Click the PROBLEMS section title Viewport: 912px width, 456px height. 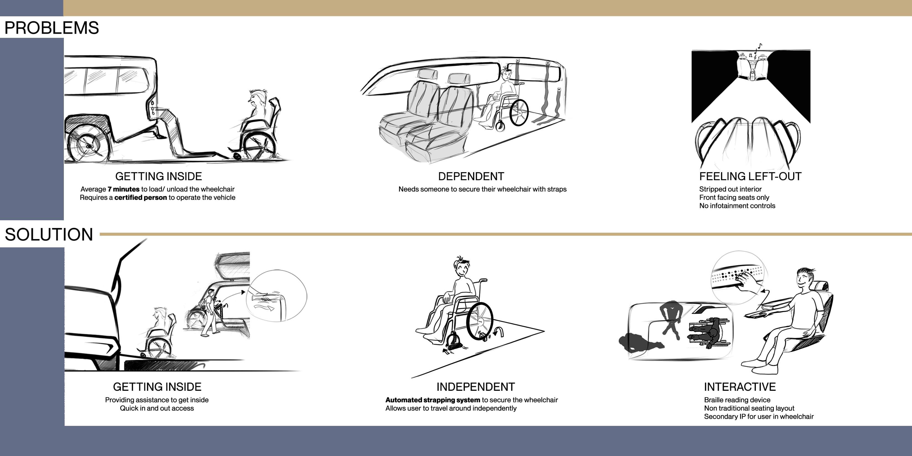(x=52, y=28)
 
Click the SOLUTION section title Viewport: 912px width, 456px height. (x=49, y=234)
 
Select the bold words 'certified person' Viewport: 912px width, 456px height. (x=141, y=198)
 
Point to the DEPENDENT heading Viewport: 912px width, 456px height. (x=471, y=176)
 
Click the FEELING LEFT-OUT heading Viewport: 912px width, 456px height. (x=750, y=176)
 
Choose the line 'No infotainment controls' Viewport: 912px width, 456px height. (x=737, y=206)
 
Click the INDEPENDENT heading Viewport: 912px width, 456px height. (x=475, y=387)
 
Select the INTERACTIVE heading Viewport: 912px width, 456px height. (x=740, y=387)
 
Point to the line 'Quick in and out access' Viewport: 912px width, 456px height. (x=157, y=408)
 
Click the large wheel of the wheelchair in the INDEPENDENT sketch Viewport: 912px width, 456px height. (x=480, y=321)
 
